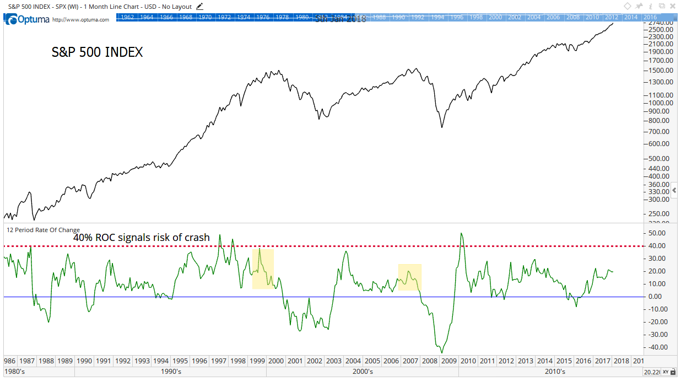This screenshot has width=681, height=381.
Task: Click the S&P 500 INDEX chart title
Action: (x=97, y=52)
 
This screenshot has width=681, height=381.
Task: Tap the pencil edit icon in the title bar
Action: (x=199, y=7)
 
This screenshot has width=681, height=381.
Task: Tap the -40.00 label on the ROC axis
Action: (x=658, y=347)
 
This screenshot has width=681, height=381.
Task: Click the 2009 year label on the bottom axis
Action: (x=448, y=361)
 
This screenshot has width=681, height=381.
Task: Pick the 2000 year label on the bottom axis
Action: (x=275, y=361)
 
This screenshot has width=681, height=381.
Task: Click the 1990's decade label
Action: (x=170, y=372)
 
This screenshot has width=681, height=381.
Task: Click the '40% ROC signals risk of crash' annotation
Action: (x=142, y=238)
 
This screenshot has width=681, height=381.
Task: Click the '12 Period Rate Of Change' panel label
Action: (x=43, y=230)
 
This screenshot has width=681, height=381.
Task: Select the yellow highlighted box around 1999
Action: (x=263, y=269)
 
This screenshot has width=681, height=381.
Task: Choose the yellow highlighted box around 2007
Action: (x=409, y=277)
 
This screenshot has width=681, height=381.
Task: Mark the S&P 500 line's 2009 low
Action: (x=442, y=128)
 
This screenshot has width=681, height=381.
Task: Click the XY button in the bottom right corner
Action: (x=666, y=372)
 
